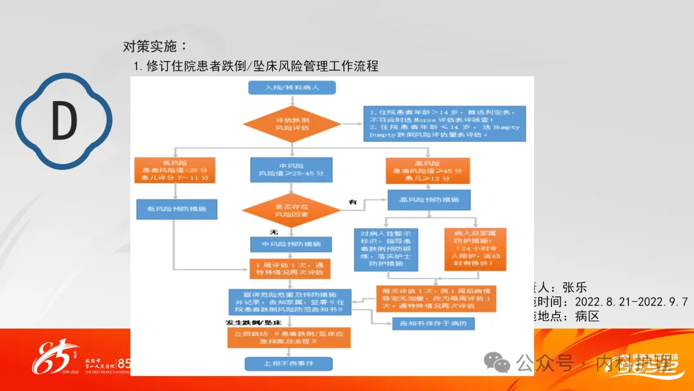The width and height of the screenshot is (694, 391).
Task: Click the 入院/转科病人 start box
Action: [292, 88]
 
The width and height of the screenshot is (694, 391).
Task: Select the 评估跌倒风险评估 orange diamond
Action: [292, 123]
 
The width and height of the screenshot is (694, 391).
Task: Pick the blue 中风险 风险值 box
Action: [292, 169]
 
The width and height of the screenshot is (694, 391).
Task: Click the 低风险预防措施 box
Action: [176, 208]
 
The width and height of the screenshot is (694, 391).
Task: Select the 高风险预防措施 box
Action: [429, 200]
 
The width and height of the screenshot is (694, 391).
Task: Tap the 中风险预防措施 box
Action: [291, 244]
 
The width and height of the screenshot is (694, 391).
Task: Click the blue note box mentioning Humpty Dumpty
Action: [443, 123]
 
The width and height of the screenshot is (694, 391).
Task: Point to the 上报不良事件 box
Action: [289, 364]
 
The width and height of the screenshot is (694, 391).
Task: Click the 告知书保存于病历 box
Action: [433, 323]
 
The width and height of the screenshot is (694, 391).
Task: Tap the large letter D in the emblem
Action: [64, 121]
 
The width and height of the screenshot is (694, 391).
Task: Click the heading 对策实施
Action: [155, 46]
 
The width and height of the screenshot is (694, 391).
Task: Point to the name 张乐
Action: [574, 287]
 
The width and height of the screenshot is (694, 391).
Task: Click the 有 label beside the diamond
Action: [352, 203]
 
